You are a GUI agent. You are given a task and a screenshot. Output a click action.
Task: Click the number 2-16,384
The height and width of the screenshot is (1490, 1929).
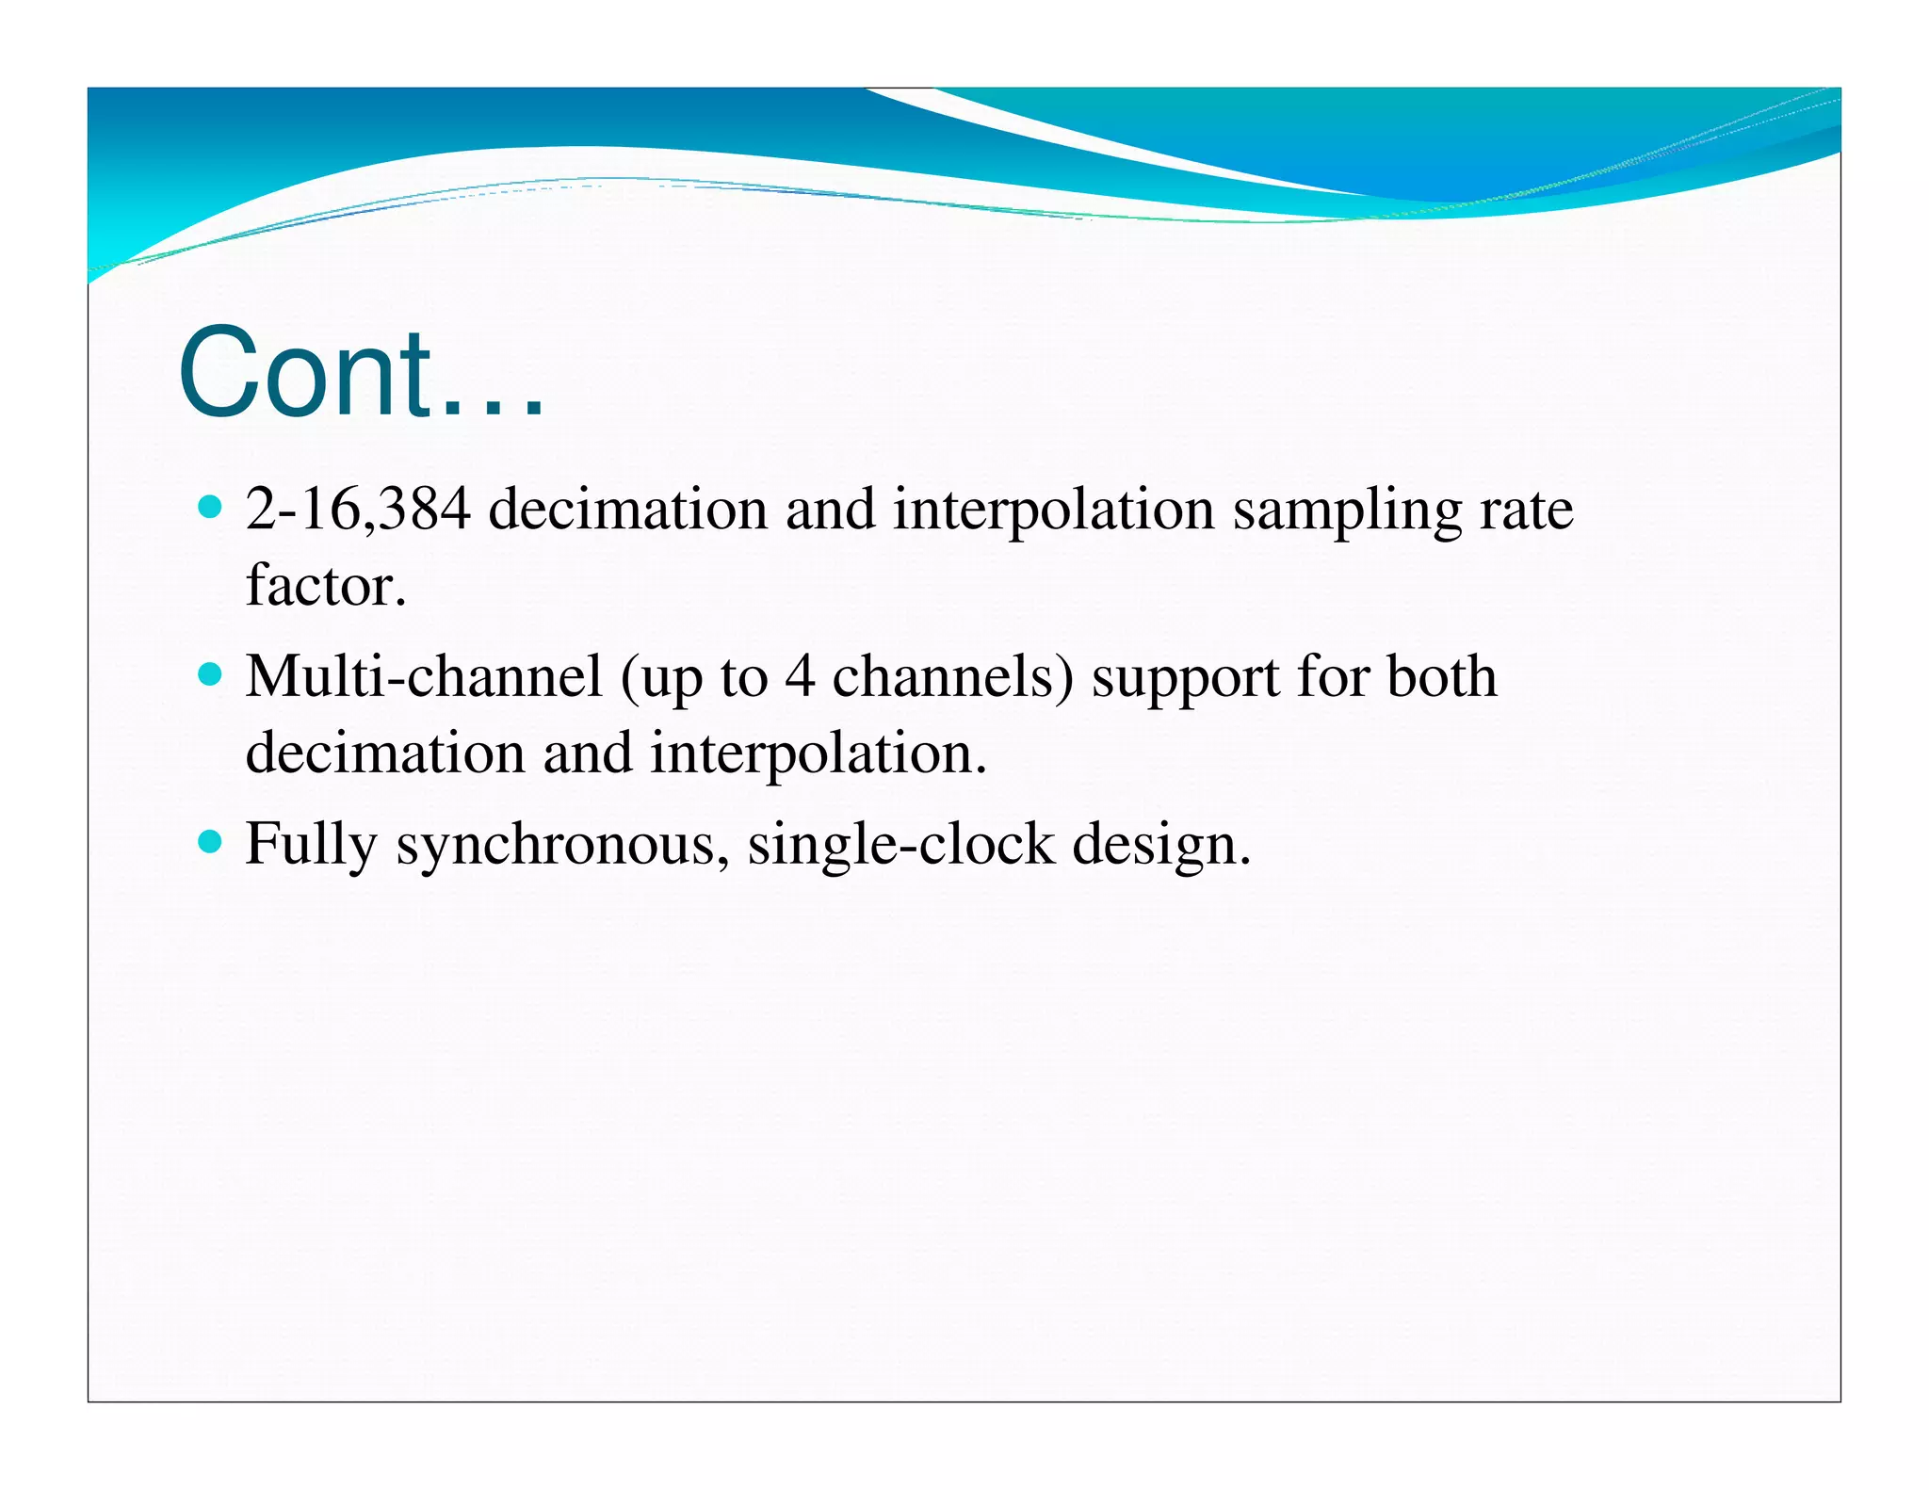357,510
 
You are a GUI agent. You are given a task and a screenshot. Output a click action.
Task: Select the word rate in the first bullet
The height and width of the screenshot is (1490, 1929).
1526,511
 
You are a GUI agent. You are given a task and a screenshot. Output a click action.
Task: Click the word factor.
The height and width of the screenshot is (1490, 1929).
325,586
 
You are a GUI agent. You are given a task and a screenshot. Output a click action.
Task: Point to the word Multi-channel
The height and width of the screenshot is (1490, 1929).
423,677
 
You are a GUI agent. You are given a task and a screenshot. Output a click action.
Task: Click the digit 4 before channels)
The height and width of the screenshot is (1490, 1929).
800,677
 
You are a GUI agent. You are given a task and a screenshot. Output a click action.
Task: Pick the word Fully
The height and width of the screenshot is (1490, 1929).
311,845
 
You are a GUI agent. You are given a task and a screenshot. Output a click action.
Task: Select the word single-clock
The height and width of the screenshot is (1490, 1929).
900,845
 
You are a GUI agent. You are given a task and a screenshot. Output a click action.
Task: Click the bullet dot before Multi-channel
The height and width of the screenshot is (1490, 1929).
211,675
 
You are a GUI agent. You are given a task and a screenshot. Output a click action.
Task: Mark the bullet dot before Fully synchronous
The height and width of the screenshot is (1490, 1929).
211,841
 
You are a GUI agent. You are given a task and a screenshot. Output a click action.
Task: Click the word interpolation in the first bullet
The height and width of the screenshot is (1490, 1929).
1053,511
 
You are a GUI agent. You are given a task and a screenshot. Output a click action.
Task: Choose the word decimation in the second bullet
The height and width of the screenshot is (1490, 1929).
384,753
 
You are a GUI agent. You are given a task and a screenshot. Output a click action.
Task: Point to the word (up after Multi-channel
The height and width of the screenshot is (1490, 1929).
660,680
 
